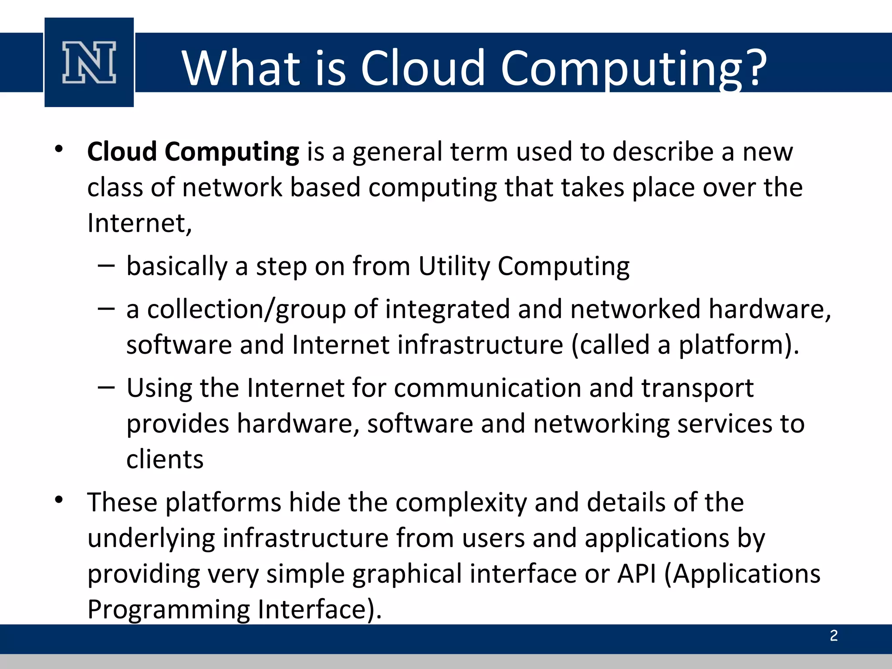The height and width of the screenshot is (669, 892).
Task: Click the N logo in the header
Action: (x=89, y=62)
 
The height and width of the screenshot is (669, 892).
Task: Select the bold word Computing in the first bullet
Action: (x=231, y=152)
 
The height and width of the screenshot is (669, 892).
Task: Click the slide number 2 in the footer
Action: (x=834, y=635)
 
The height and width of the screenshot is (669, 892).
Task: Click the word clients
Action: (x=165, y=459)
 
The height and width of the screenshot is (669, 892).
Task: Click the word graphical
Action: (x=407, y=574)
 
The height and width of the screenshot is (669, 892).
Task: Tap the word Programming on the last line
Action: (x=168, y=609)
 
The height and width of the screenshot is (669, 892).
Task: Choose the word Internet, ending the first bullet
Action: (x=139, y=223)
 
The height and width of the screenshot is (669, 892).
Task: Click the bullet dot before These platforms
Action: (x=59, y=500)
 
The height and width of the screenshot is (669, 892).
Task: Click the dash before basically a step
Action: (x=106, y=265)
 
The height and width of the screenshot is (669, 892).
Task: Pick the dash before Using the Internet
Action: (x=106, y=387)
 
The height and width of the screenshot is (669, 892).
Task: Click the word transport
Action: (x=697, y=389)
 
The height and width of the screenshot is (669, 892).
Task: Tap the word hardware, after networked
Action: (x=770, y=309)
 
